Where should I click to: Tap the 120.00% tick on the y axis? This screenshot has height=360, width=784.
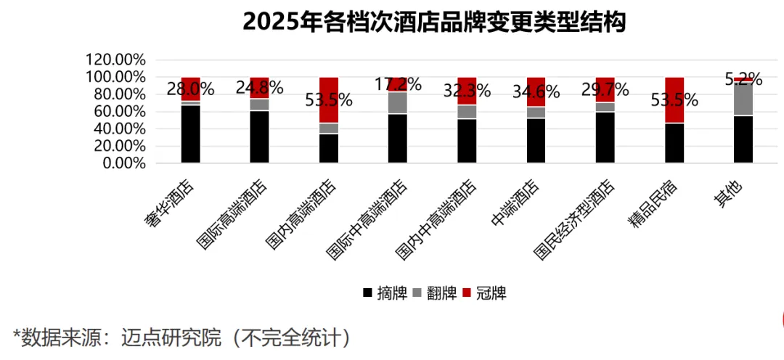(x=116, y=60)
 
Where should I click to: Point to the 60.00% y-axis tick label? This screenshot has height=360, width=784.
(x=119, y=111)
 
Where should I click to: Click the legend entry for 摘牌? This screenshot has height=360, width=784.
(x=385, y=293)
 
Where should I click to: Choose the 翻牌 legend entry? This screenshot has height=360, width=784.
(x=436, y=293)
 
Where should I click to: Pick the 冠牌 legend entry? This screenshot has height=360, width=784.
(x=484, y=293)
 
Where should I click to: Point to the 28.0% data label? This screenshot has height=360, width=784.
(x=191, y=89)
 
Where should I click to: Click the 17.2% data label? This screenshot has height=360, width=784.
(x=398, y=84)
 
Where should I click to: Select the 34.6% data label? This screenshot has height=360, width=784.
(x=536, y=92)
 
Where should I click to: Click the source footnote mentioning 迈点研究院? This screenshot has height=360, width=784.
(x=181, y=337)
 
